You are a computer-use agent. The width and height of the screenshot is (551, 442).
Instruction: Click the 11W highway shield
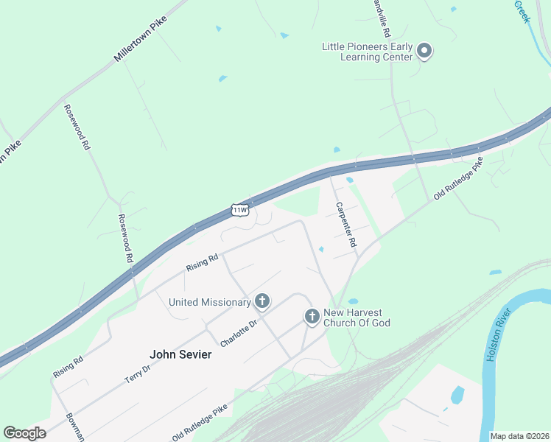(240, 210)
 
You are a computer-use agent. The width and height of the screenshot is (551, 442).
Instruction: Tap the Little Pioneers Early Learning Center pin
(424, 51)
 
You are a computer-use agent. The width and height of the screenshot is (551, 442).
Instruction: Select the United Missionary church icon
(262, 301)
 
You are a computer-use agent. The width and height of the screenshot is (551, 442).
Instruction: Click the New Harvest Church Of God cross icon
(312, 317)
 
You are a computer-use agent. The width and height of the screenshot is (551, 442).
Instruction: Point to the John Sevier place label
(180, 354)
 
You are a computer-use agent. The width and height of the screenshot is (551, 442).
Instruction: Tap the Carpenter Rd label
(346, 224)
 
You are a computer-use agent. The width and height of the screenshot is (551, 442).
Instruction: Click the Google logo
(24, 433)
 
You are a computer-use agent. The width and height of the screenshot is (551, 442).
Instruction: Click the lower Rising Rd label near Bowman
(68, 368)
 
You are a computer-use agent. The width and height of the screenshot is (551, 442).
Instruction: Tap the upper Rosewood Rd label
(77, 127)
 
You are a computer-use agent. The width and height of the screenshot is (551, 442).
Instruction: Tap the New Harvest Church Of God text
(356, 318)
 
